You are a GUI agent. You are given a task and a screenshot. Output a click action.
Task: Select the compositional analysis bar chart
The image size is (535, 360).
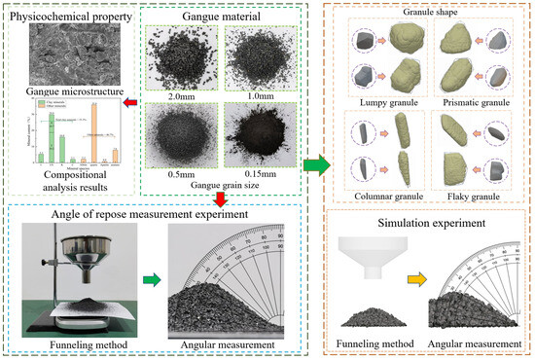coord(66,136)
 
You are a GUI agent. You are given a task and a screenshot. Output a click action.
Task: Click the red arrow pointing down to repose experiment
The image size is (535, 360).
coord(223,197)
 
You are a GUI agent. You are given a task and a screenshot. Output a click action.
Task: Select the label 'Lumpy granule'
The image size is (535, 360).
coord(380,102)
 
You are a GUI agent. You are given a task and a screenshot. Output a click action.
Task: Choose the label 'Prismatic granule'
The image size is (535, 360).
coord(472,102)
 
